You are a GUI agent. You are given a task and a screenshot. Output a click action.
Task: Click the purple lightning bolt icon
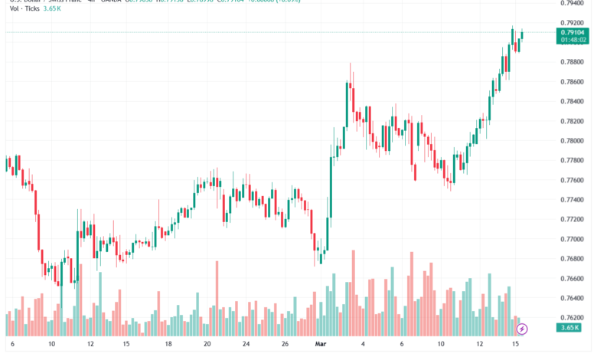(x=522, y=329)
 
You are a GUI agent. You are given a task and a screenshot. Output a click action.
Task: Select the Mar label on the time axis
(x=321, y=345)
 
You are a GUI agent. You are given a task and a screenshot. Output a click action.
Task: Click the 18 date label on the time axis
(x=168, y=345)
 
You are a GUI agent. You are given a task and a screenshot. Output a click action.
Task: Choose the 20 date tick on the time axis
(x=207, y=345)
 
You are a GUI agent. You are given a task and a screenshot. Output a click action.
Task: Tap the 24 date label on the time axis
(x=246, y=345)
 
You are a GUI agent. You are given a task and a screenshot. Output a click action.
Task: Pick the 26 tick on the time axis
(x=285, y=345)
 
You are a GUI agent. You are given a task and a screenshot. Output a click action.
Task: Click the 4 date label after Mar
(x=363, y=345)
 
